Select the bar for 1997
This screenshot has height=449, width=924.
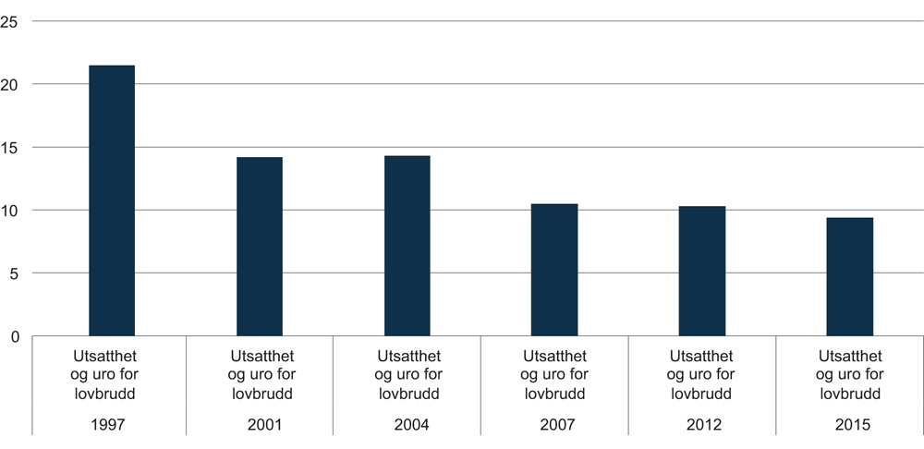pyautogui.click(x=111, y=200)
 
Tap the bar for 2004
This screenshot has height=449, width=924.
pyautogui.click(x=407, y=246)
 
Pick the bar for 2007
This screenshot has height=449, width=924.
pyautogui.click(x=554, y=270)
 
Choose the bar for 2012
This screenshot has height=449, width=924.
pyautogui.click(x=702, y=271)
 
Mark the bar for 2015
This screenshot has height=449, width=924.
pyautogui.click(x=849, y=276)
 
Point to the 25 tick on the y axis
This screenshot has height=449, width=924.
pyautogui.click(x=11, y=22)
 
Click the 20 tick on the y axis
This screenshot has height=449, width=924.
pyautogui.click(x=11, y=85)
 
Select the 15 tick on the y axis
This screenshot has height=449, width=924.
pyautogui.click(x=11, y=148)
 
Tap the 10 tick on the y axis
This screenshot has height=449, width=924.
pyautogui.click(x=11, y=211)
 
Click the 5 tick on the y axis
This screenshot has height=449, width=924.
pyautogui.click(x=15, y=273)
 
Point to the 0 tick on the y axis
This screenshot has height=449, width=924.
pyautogui.click(x=15, y=336)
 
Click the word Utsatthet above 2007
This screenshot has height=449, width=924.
pyautogui.click(x=554, y=357)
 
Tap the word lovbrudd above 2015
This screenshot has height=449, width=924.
pyautogui.click(x=849, y=394)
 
